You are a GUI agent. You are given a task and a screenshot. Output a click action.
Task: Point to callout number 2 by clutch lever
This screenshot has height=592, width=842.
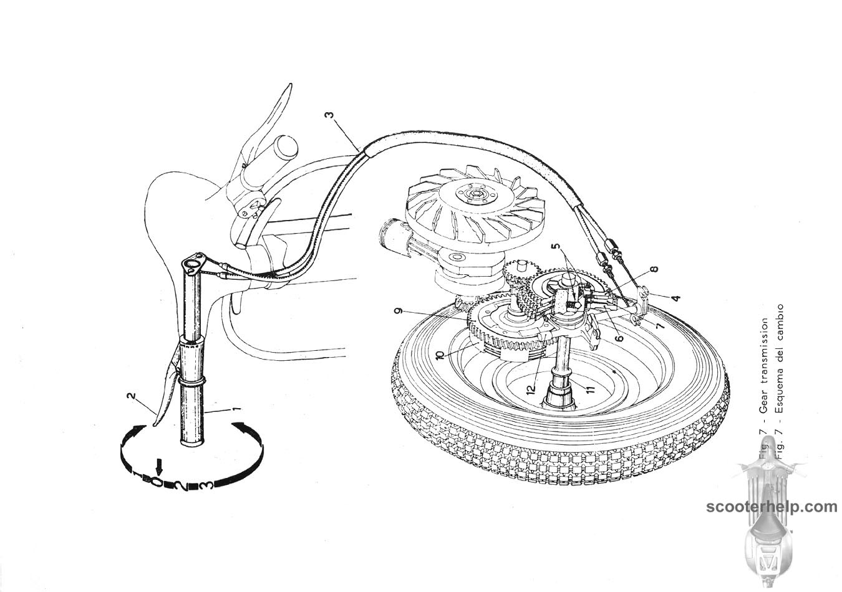131,395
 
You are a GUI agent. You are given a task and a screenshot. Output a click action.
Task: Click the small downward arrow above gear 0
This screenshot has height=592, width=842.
160,465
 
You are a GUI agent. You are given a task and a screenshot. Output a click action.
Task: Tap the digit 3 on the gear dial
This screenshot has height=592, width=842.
207,485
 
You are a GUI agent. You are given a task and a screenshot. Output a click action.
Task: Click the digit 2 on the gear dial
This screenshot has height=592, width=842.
180,485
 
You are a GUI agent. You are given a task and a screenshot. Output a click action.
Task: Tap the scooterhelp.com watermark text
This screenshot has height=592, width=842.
772,507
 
